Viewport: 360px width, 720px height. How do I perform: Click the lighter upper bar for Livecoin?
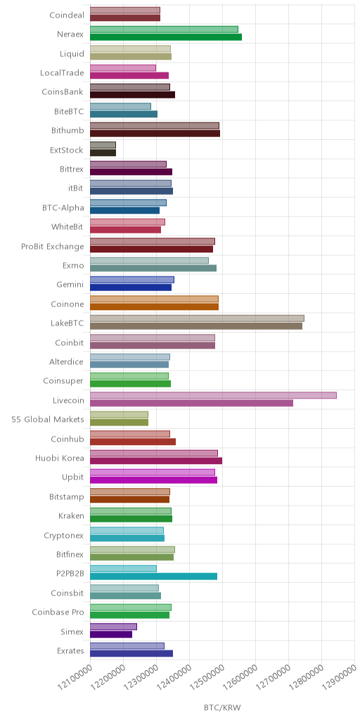point(213,395)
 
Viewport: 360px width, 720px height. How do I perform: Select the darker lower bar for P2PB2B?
point(153,577)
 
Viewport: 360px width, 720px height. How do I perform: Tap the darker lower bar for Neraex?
point(166,37)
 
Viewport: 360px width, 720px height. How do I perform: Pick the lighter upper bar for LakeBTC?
point(197,319)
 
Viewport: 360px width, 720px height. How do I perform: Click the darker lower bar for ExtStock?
point(103,153)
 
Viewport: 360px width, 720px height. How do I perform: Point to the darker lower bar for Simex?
point(111,634)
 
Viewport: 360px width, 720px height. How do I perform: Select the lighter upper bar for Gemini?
point(131,280)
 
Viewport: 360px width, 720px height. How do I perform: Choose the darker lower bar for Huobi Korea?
point(156,461)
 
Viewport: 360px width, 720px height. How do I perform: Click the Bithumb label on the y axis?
point(67,130)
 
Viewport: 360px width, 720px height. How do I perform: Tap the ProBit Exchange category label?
point(53,247)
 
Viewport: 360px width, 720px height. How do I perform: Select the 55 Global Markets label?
point(48,419)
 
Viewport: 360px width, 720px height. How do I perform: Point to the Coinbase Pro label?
point(58,612)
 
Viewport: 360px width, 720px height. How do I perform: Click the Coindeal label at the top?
point(67,15)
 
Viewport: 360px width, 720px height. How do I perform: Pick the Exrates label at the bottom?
point(72,650)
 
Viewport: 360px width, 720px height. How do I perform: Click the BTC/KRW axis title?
point(222,707)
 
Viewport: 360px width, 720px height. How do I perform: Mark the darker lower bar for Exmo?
point(153,268)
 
